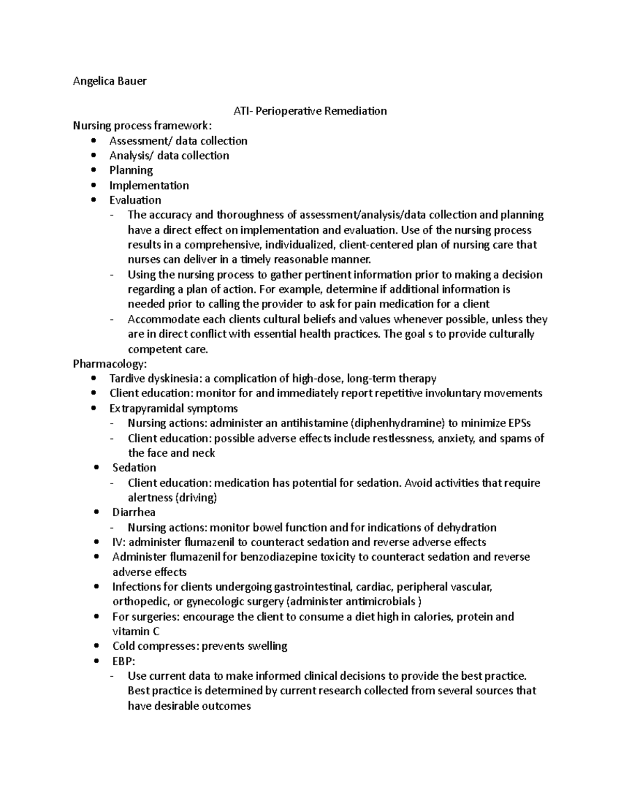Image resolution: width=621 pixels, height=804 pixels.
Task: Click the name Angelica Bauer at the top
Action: [x=110, y=81]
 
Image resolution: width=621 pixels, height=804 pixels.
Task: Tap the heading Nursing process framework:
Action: [x=142, y=126]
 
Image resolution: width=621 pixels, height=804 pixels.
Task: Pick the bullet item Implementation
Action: [x=149, y=185]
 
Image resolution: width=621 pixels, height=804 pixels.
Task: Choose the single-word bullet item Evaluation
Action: [x=135, y=200]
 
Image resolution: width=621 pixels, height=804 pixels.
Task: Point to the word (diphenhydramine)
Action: [x=397, y=423]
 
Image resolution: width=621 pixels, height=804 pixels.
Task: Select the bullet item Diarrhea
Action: [x=134, y=512]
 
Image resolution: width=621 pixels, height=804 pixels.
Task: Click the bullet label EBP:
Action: [x=124, y=661]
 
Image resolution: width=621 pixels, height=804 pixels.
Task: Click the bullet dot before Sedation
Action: [x=97, y=468]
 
